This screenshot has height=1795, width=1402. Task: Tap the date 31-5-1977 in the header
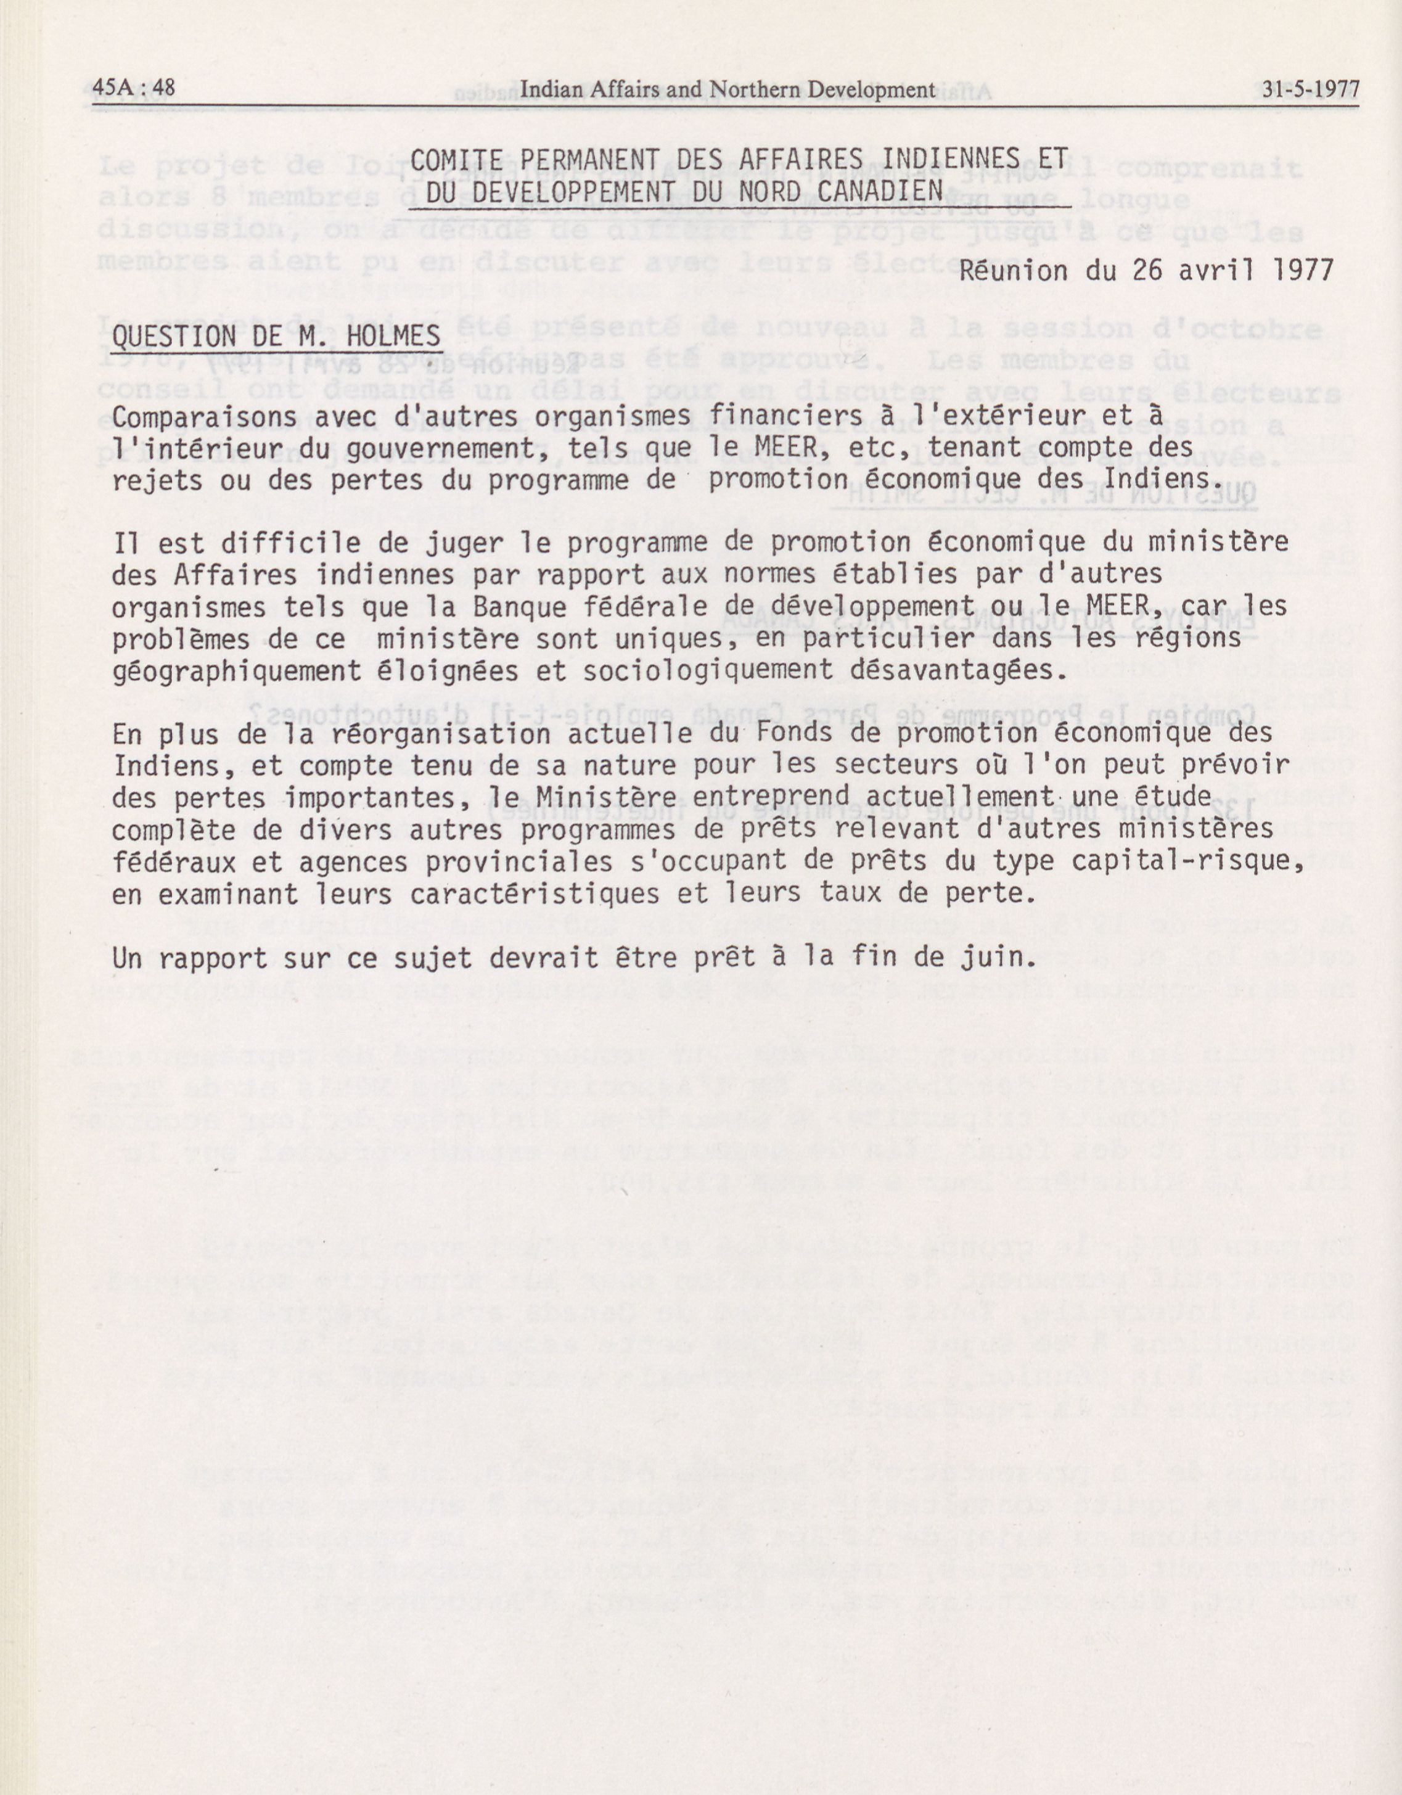[1310, 89]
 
